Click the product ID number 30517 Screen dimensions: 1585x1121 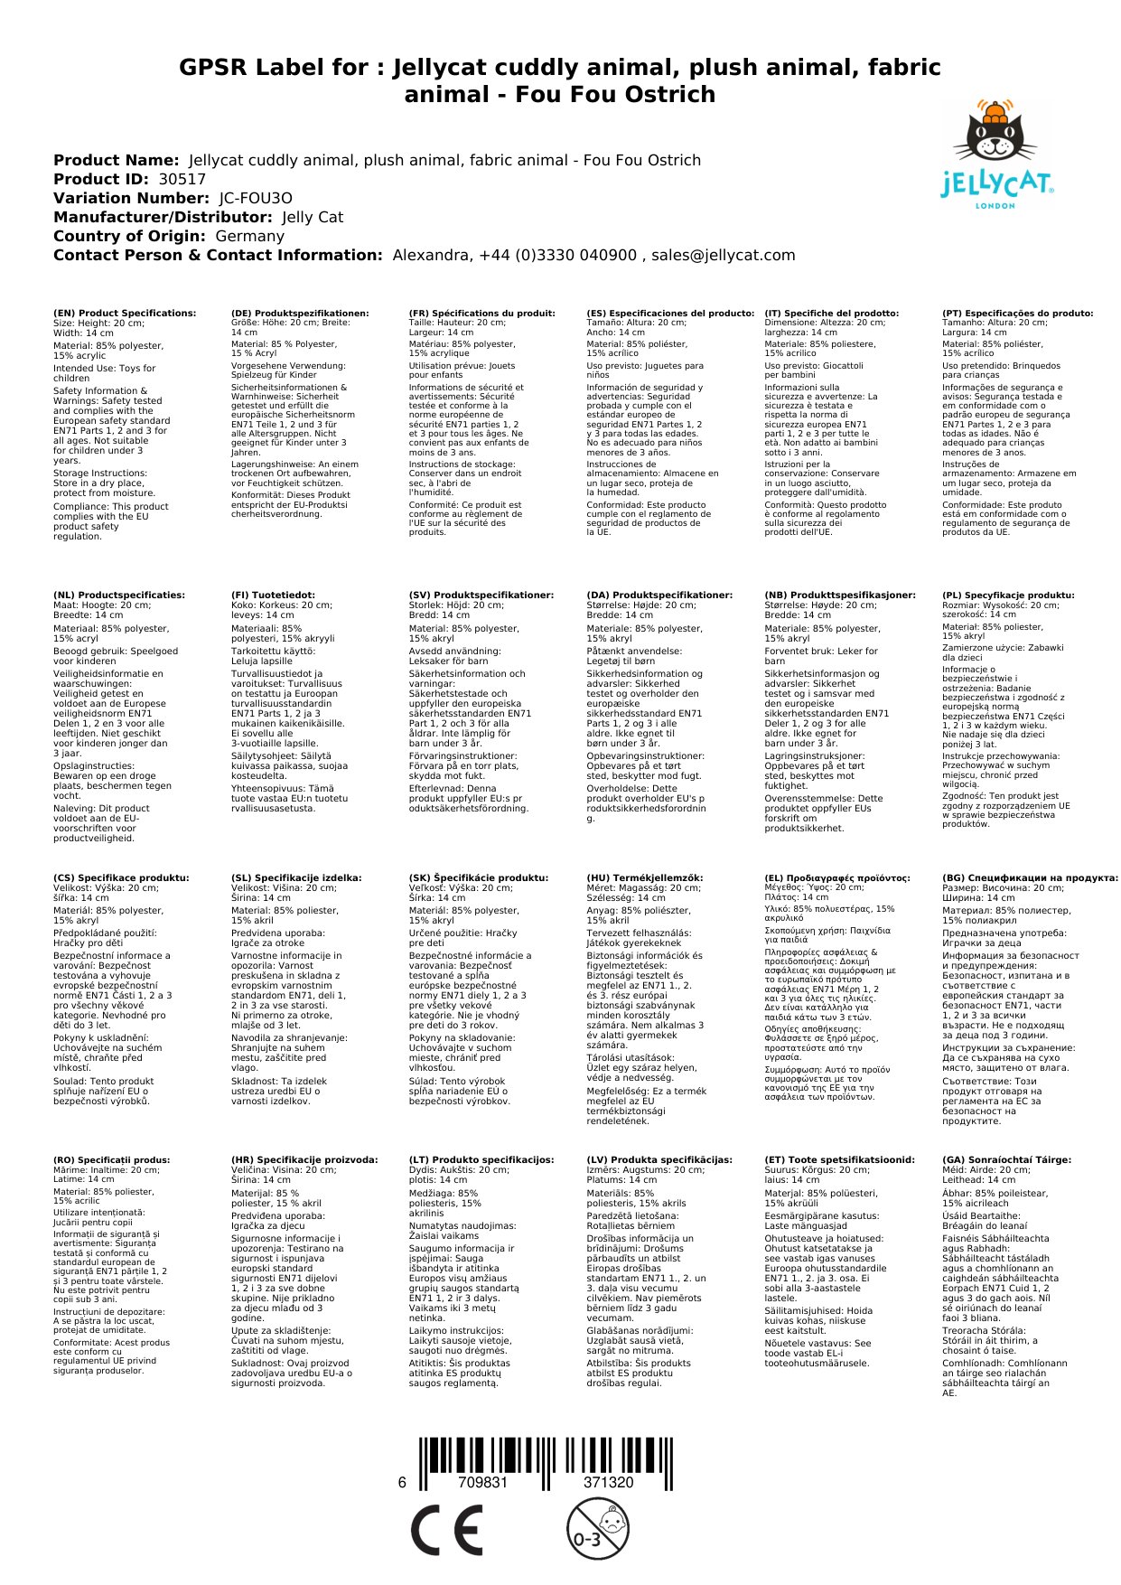pyautogui.click(x=182, y=179)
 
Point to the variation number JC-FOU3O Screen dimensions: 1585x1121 pyautogui.click(x=256, y=198)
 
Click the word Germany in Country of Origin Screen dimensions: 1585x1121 pyautogui.click(x=249, y=236)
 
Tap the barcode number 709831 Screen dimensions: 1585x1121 pyautogui.click(x=482, y=1482)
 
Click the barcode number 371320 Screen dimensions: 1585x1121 pyautogui.click(x=608, y=1482)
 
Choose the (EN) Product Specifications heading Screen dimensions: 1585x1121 pyautogui.click(x=125, y=314)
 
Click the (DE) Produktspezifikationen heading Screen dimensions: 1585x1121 pyautogui.click(x=300, y=314)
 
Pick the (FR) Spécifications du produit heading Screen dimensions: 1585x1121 pyautogui.click(x=481, y=314)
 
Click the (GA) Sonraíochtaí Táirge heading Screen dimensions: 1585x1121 pyautogui.click(x=1006, y=1159)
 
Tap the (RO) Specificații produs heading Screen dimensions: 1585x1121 pyautogui.click(x=111, y=1159)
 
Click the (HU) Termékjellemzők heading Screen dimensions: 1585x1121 pyautogui.click(x=644, y=877)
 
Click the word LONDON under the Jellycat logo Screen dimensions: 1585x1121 pyautogui.click(x=995, y=206)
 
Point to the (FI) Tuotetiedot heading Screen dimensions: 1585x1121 pyautogui.click(x=273, y=596)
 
